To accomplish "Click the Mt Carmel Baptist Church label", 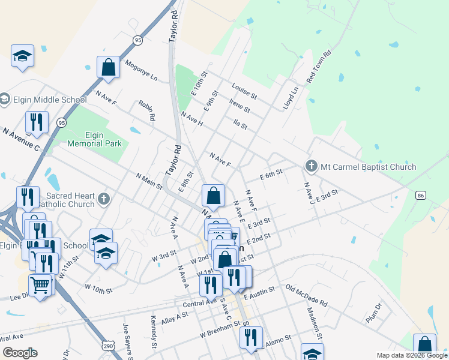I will (368, 166).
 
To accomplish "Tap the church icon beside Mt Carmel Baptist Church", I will (311, 166).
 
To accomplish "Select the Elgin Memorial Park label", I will (94, 139).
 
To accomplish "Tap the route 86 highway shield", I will (420, 196).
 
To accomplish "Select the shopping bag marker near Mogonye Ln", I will (108, 67).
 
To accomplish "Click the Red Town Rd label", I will (319, 67).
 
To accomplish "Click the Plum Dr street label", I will (374, 313).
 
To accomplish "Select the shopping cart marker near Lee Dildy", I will (40, 286).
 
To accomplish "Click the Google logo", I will (20, 353).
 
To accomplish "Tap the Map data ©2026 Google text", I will (412, 355).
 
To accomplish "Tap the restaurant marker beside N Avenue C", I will (37, 122).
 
